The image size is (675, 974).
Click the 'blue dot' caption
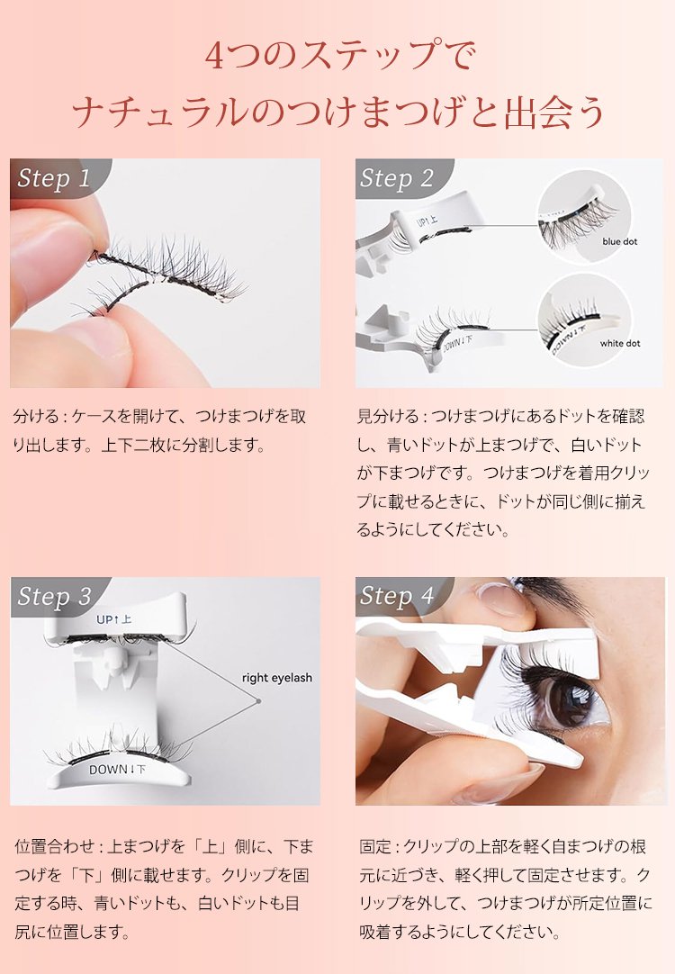click(x=619, y=241)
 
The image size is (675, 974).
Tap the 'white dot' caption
click(x=620, y=343)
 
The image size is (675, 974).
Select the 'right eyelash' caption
click(x=277, y=679)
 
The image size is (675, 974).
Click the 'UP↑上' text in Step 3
click(x=113, y=619)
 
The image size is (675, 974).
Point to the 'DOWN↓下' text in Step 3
click(x=117, y=770)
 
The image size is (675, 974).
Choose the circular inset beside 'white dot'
click(x=584, y=321)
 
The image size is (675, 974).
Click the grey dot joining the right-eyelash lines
click(x=257, y=701)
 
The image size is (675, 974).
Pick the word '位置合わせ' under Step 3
click(x=53, y=846)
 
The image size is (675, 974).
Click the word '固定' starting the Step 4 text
click(x=374, y=846)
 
